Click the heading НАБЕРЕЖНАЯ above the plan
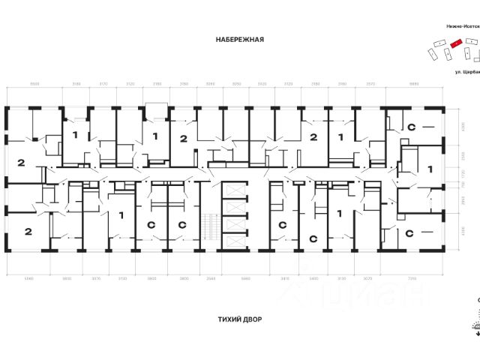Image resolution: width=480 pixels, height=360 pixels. coord(239,40)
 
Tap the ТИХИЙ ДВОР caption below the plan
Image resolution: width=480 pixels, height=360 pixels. coord(239,319)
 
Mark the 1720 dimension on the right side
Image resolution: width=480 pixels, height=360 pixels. coord(463,173)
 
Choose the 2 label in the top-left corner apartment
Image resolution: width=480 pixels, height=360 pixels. coord(21,162)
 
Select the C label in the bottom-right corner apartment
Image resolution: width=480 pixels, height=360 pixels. coord(411,233)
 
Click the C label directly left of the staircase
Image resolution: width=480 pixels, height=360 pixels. coord(181,225)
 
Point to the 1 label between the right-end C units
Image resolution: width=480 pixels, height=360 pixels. coord(430,169)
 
